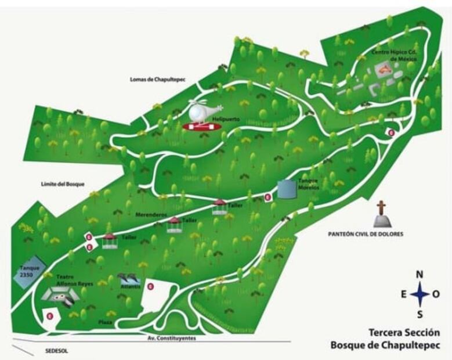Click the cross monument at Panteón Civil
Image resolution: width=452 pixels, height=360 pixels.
(381, 214)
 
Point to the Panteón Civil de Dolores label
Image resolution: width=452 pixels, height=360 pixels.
(366, 234)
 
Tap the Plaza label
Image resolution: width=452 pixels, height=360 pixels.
(105, 322)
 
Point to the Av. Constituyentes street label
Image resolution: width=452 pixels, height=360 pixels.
(172, 338)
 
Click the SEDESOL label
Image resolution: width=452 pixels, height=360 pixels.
(57, 351)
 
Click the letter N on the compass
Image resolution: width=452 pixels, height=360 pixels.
(420, 274)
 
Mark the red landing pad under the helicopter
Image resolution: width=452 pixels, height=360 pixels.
(199, 125)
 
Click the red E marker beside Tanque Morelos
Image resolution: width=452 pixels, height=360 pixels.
(267, 197)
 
